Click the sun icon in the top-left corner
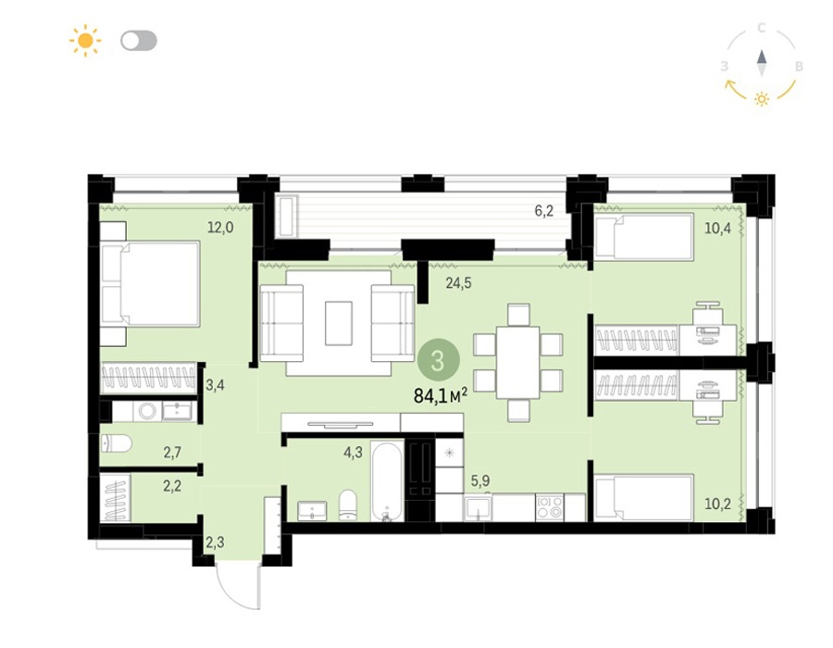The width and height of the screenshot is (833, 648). [85, 41]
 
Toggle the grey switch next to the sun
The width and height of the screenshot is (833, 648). [139, 41]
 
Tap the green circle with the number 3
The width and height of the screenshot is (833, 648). [439, 361]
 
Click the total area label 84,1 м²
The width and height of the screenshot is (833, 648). [441, 395]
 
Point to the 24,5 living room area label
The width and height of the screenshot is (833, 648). [458, 283]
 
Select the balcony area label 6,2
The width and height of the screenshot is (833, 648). [544, 211]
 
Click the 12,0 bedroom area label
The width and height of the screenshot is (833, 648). [220, 228]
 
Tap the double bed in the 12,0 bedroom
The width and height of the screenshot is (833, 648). [150, 283]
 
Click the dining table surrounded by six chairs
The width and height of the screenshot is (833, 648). [518, 363]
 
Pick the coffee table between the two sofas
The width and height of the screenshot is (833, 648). [339, 323]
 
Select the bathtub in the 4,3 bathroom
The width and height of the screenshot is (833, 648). [387, 482]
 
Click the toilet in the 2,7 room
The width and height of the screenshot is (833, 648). [116, 444]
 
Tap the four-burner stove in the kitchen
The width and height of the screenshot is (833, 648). [549, 506]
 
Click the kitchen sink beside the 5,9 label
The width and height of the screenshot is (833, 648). [478, 508]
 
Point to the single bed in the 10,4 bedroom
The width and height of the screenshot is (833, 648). [644, 237]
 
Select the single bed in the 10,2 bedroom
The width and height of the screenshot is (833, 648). [644, 497]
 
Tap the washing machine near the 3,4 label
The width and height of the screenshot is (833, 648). [146, 411]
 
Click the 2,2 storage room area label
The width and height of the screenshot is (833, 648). [172, 486]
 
